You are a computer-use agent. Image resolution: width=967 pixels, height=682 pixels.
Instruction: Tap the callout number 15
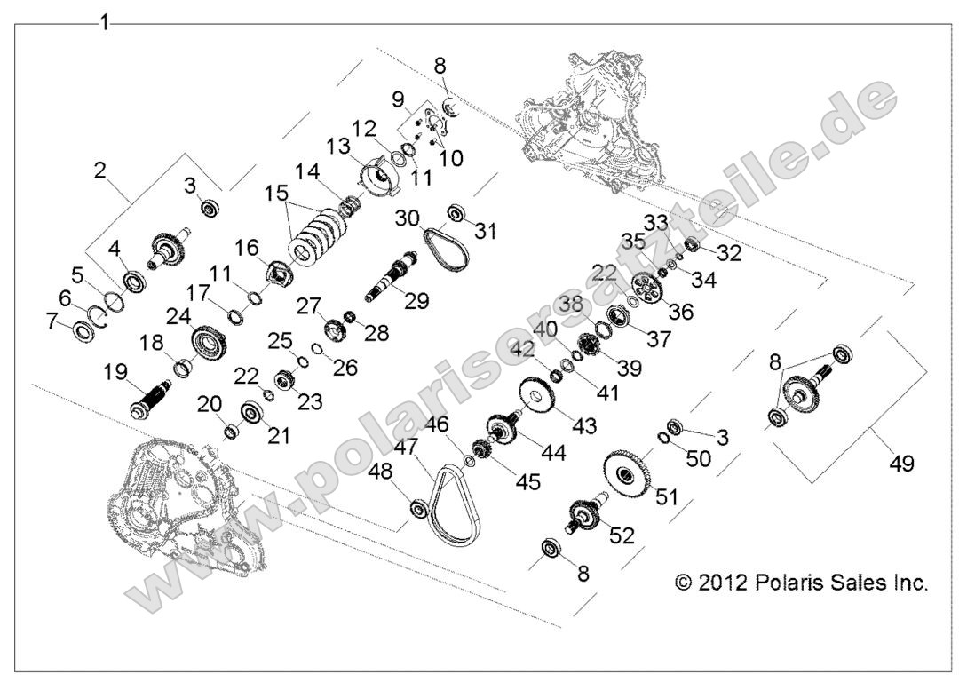pyautogui.click(x=278, y=193)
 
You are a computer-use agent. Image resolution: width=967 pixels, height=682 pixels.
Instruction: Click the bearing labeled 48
pyautogui.click(x=417, y=510)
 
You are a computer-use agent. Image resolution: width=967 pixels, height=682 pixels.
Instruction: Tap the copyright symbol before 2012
pyautogui.click(x=682, y=583)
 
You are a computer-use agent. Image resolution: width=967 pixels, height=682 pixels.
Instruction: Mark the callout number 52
pyautogui.click(x=620, y=536)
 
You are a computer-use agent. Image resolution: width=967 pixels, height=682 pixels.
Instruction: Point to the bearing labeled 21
pyautogui.click(x=250, y=415)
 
